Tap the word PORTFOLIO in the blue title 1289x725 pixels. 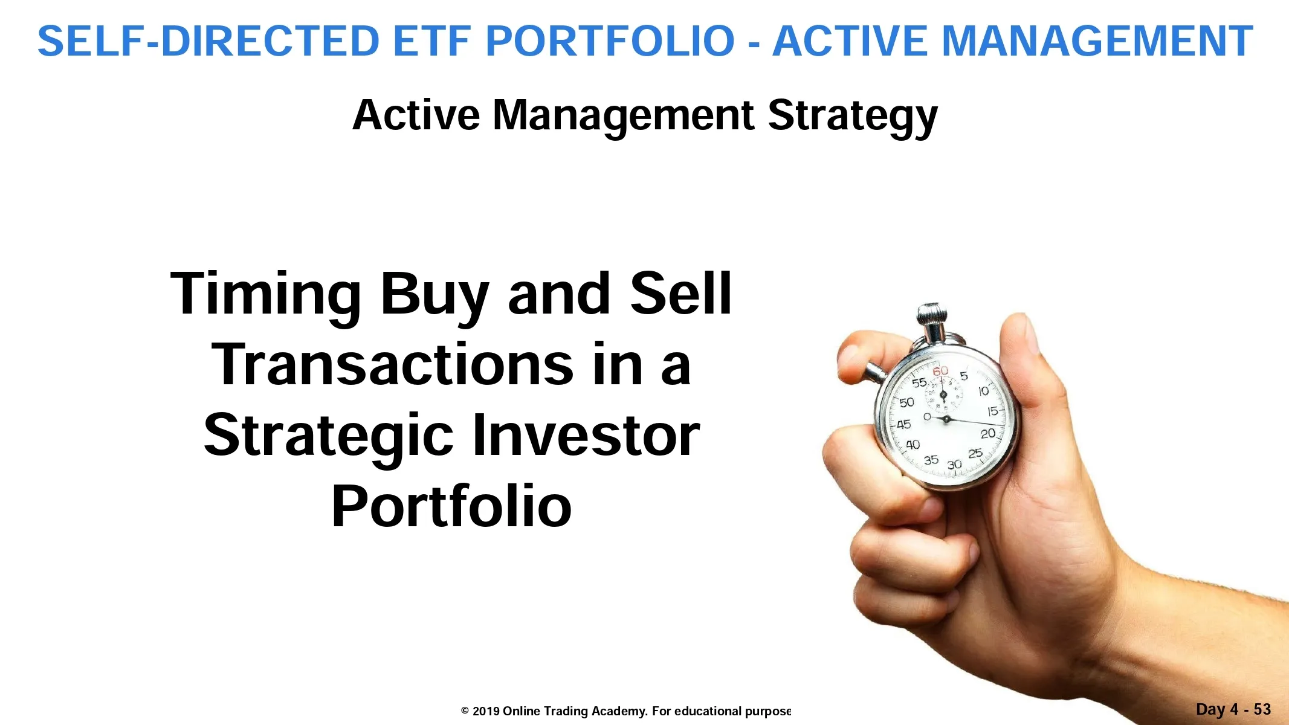tap(610, 41)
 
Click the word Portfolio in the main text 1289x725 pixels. tap(451, 506)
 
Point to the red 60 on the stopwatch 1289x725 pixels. tap(940, 371)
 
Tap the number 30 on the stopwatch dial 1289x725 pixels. tap(954, 465)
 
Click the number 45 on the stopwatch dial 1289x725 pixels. tap(903, 425)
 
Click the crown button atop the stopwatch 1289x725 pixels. tap(931, 316)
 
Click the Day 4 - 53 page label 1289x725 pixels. tap(1233, 709)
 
